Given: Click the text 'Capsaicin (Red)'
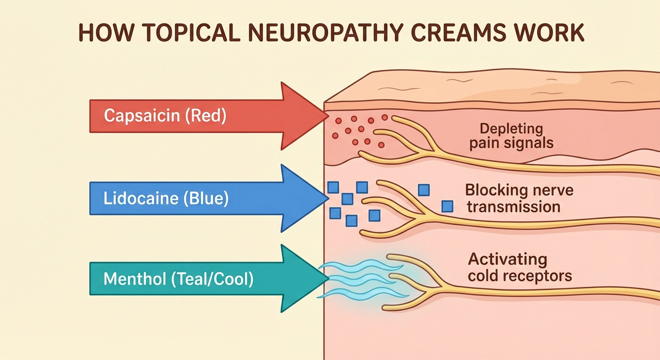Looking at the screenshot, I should (x=165, y=116).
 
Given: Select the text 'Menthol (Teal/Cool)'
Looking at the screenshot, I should (x=178, y=279).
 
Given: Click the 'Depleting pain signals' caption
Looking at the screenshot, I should (x=511, y=135).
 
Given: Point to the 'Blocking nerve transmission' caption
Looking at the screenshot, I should (x=519, y=198).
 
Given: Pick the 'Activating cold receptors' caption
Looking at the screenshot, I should (x=520, y=267).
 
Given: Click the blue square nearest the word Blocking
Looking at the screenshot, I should (x=424, y=189).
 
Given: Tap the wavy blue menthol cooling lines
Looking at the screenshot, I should (x=361, y=280).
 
